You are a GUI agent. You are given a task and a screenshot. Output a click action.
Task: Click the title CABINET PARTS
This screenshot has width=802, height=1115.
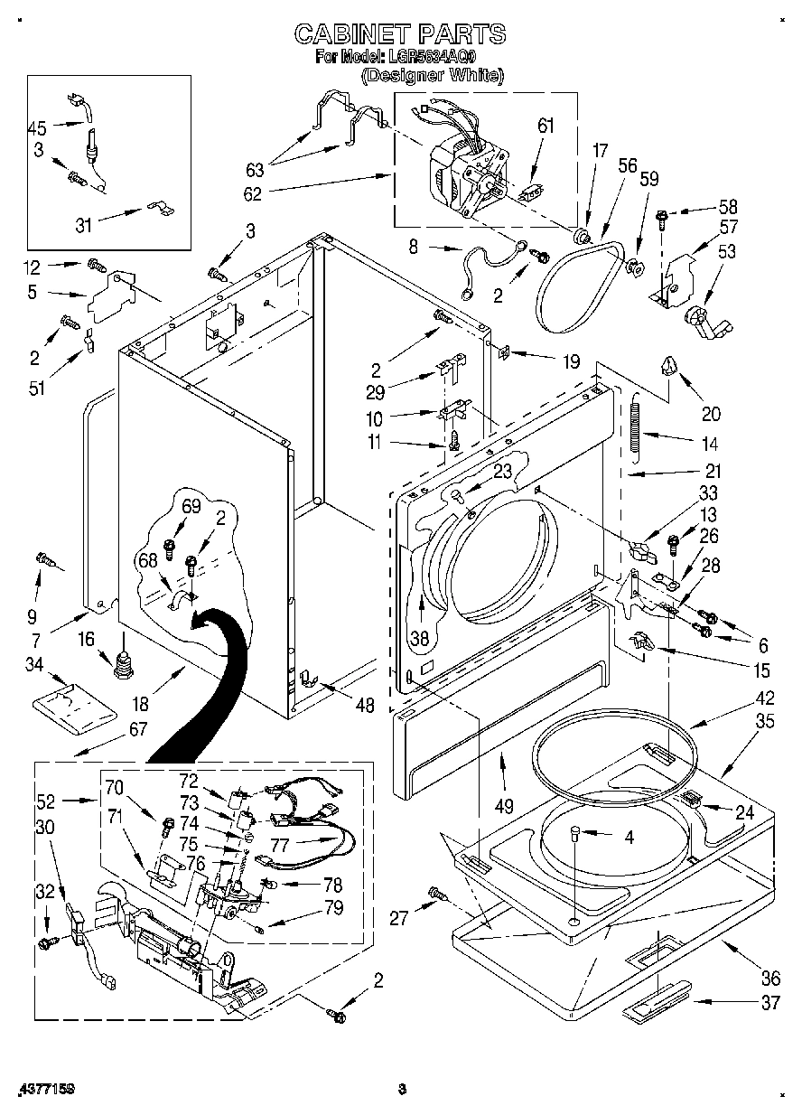pyautogui.click(x=400, y=35)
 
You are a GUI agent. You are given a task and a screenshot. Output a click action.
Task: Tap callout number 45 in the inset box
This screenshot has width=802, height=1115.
pyautogui.click(x=37, y=127)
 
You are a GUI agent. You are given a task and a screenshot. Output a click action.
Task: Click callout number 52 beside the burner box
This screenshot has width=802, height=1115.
pyautogui.click(x=47, y=800)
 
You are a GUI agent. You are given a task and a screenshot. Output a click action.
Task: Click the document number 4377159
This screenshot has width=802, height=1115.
pyautogui.click(x=44, y=1090)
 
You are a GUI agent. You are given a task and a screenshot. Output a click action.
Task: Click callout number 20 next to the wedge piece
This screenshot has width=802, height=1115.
pyautogui.click(x=711, y=414)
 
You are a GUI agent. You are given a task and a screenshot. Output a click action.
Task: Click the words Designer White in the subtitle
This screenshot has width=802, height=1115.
pyautogui.click(x=433, y=77)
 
